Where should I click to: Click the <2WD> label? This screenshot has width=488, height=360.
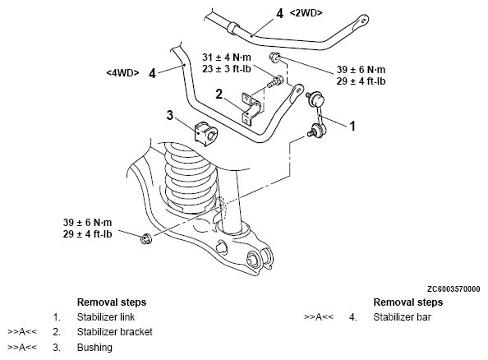pos(306,13)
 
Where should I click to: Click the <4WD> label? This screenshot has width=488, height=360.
pos(122,72)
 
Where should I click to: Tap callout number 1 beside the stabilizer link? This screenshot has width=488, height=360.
pos(352,126)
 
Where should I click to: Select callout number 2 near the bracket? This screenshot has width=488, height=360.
pos(219,94)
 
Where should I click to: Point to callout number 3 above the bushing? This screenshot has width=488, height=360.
pos(169,115)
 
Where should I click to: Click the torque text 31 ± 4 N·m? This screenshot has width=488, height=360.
pos(227,58)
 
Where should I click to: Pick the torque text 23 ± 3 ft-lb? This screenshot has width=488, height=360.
pos(227,69)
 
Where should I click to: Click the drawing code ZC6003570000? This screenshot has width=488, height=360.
pos(453,289)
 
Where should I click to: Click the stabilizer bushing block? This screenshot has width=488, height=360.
pos(205,134)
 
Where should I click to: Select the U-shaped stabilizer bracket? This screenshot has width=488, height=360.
pos(251,108)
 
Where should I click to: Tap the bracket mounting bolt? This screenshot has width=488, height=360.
pos(274,81)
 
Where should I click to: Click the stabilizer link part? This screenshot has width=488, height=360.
pos(316,113)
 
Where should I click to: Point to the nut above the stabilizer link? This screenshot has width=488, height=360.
pos(275,57)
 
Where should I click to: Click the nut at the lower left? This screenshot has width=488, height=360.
pos(145,238)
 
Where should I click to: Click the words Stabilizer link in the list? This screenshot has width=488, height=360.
pos(106,317)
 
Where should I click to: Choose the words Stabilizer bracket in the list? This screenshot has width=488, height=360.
pos(114,332)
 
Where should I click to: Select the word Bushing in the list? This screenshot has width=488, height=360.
pos(94,347)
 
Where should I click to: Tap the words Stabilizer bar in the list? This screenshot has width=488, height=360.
pos(402,317)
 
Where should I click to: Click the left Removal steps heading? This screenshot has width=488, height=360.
pos(112,302)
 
